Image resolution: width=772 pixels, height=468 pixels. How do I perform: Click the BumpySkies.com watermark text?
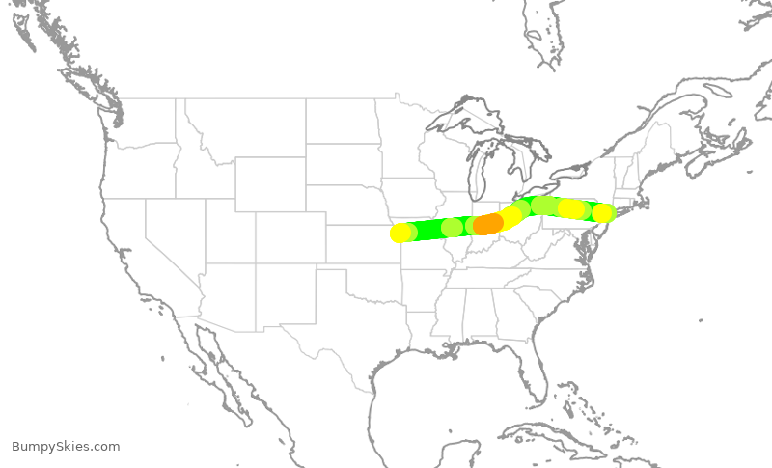66,446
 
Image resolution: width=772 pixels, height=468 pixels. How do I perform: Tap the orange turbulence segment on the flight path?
488,224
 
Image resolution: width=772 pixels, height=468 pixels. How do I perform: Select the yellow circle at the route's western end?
400,233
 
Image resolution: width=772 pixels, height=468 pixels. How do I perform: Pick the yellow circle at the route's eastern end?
602,213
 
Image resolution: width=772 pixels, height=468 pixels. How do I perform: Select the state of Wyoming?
270,184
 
